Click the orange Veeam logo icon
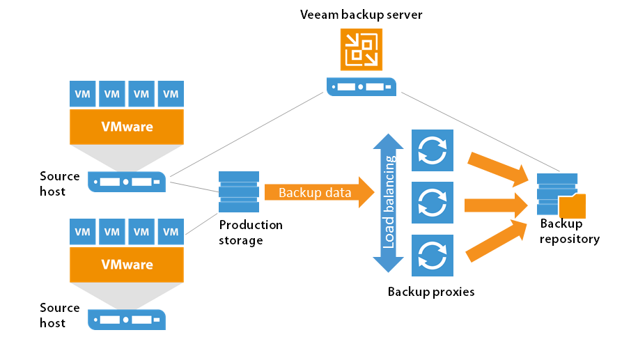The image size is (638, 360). point(361,49)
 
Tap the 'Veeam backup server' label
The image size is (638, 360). point(361,15)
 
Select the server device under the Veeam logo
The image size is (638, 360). point(361,87)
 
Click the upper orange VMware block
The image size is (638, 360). point(127,127)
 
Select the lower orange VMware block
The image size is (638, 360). point(127,265)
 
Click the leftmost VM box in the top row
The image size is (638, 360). point(83,93)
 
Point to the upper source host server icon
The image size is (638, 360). point(127,182)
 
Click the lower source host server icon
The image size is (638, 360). point(127,320)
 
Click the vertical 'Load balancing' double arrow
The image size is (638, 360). point(388,202)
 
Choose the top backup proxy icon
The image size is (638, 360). point(433,150)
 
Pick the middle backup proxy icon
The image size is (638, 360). point(433,203)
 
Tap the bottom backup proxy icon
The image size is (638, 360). point(433,255)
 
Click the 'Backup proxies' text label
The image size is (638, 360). point(431,292)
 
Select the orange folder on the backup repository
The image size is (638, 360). point(572,207)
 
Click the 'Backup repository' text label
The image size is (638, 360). point(569,232)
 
